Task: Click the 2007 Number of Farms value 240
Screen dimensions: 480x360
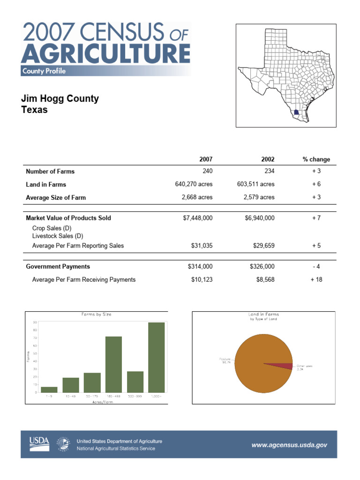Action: [x=206, y=171]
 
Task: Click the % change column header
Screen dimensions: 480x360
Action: [x=316, y=159]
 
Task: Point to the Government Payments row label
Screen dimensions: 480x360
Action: [x=58, y=266]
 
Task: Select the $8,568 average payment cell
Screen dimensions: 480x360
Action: [x=263, y=279]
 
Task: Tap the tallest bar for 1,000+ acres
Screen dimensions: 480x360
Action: [x=157, y=357]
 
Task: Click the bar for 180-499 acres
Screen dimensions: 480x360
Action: [x=113, y=364]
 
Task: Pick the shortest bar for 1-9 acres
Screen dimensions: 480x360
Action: [x=49, y=389]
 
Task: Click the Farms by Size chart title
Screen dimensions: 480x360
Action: [x=96, y=314]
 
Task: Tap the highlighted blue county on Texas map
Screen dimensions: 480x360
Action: [x=293, y=112]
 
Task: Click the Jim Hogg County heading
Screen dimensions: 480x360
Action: [x=60, y=99]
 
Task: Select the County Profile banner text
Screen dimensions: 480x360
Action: [x=44, y=71]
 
